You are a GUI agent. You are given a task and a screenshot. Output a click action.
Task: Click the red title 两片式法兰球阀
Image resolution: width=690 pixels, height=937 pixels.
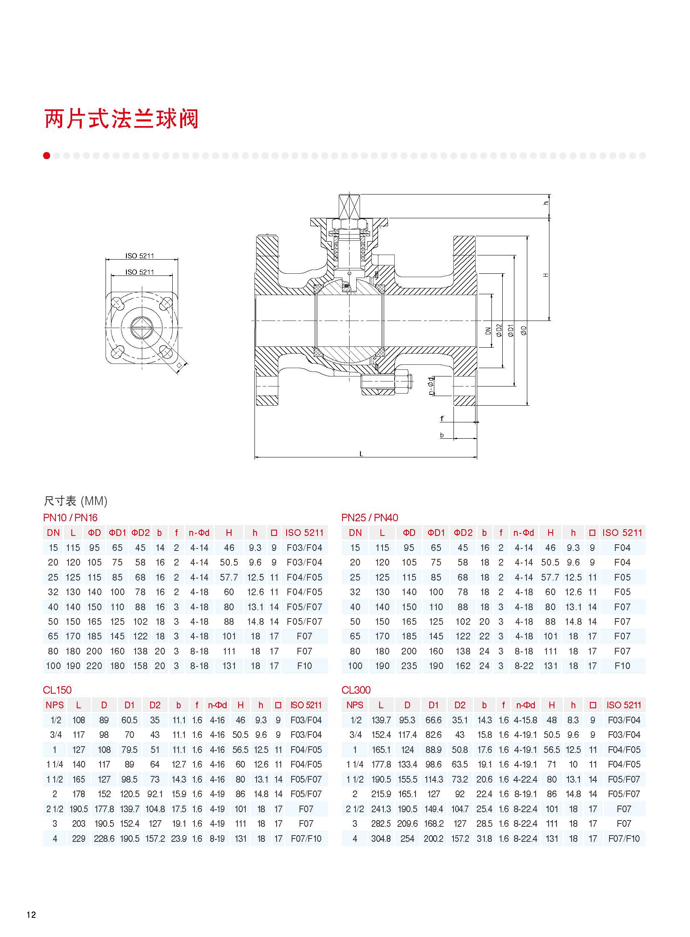(121, 119)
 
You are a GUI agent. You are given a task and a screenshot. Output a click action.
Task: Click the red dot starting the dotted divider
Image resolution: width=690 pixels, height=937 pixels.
(47, 156)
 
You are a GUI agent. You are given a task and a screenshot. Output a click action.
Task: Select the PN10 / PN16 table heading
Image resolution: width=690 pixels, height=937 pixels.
(70, 518)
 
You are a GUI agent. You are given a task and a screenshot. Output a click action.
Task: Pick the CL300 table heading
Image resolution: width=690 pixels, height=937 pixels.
(356, 690)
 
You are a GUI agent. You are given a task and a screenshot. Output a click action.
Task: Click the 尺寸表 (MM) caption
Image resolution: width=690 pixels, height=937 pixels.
(76, 501)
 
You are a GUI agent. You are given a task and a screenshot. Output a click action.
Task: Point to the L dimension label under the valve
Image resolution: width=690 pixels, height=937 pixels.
(361, 453)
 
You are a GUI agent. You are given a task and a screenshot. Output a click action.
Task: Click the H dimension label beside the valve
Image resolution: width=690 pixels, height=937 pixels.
(546, 275)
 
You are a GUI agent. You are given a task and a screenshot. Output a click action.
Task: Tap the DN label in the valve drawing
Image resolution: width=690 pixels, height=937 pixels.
(488, 331)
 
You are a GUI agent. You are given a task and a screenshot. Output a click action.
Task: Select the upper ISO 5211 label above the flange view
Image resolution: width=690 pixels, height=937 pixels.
(139, 256)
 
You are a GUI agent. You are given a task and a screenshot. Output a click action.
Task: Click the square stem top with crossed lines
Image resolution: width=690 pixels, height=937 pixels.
(349, 206)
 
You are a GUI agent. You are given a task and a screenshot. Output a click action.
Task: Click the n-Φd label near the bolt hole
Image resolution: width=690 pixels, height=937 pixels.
(431, 386)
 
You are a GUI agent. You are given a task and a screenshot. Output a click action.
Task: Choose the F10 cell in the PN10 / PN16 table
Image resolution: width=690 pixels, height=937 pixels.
(305, 666)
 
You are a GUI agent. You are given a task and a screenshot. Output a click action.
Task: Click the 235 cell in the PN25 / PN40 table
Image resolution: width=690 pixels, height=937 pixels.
(409, 666)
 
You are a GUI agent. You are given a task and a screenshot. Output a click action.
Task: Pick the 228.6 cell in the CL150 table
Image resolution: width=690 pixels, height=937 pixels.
(104, 839)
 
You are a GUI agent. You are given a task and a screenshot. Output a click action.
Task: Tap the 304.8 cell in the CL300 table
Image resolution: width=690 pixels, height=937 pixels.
(381, 839)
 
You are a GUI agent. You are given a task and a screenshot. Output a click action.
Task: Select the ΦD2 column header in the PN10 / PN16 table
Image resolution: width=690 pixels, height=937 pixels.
(140, 533)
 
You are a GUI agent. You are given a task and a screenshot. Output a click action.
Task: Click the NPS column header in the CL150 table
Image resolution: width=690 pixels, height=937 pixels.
(55, 705)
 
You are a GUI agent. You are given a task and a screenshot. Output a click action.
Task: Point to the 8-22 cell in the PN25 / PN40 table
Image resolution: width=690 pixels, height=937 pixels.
(524, 666)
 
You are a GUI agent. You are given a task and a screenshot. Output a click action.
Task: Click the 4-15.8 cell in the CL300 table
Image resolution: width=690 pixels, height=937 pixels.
(526, 720)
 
